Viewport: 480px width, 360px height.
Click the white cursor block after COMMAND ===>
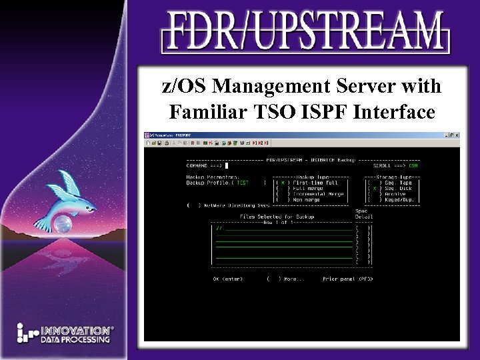[227, 166]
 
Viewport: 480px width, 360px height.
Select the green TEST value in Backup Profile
[243, 182]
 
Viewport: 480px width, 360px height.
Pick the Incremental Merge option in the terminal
[317, 193]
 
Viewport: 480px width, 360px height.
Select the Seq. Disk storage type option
[396, 188]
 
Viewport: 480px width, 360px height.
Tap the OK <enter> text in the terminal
[227, 279]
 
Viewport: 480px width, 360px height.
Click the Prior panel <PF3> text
[347, 279]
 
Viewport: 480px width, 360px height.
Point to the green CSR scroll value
[414, 166]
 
